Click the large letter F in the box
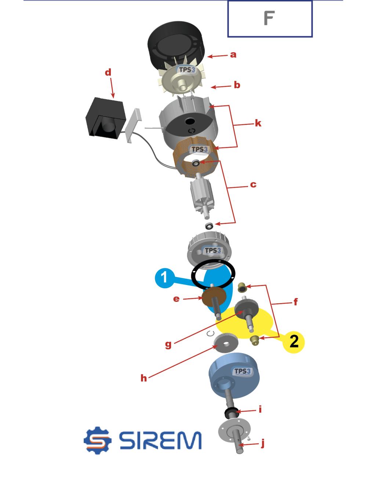[269, 18]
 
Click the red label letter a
[233, 54]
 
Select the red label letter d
[108, 72]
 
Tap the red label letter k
[258, 123]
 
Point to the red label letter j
[263, 443]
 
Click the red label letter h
[143, 378]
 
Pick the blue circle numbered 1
[165, 278]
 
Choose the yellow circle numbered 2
[294, 342]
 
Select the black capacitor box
[106, 118]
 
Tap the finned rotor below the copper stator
[202, 196]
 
